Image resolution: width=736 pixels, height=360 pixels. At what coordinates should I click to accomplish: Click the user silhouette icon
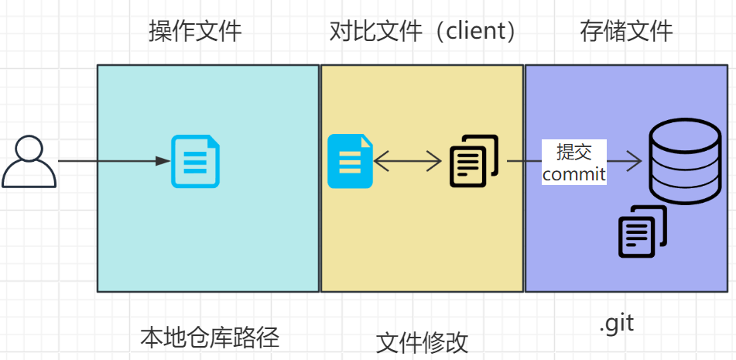coord(29,163)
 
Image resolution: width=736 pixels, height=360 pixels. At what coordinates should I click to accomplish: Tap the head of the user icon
coord(29,149)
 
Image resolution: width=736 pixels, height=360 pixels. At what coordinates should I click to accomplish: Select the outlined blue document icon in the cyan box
coord(195,161)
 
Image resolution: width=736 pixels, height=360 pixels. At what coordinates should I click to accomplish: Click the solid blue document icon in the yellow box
coord(350,161)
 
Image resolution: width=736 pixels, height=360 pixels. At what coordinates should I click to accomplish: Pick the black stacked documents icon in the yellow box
coord(473,161)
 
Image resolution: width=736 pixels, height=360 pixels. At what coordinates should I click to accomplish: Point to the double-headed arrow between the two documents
coord(407,161)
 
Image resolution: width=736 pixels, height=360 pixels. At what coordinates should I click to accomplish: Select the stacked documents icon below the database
coord(642,231)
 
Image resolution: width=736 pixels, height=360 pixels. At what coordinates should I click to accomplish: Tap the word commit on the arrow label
coord(573,174)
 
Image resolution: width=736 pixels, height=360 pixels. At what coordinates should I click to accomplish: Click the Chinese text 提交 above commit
coord(573,152)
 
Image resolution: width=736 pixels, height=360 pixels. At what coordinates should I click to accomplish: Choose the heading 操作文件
coord(195,31)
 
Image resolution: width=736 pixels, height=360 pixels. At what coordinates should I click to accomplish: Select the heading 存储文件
coord(626,31)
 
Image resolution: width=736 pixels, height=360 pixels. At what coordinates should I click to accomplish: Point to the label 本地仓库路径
coord(209,338)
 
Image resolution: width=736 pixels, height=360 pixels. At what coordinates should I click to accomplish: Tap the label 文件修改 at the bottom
coord(422,342)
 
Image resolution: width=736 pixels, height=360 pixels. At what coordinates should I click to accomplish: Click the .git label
coord(616,323)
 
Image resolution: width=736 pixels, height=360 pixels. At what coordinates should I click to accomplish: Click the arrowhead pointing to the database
coord(635,161)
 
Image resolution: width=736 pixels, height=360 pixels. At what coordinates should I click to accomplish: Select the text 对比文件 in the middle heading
coord(375,31)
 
